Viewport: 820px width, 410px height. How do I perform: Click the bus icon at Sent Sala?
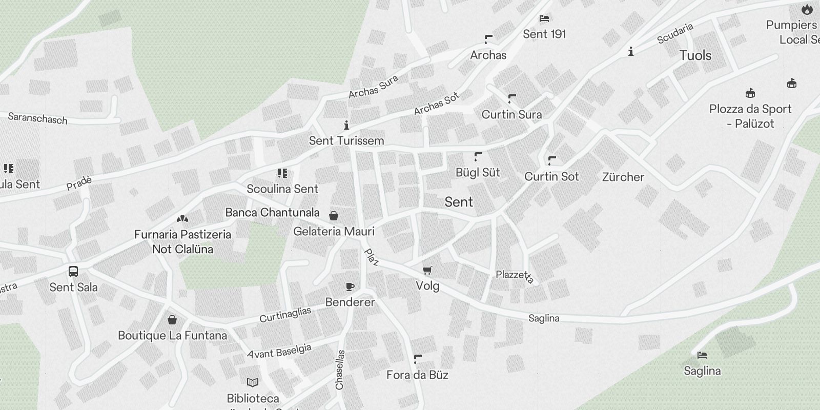pos(73,271)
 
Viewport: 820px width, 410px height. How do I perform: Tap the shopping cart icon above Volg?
pos(427,270)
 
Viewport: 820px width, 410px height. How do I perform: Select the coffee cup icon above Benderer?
pos(350,286)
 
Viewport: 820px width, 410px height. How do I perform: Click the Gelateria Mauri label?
pos(334,232)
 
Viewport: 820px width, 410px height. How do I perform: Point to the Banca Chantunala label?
pos(272,212)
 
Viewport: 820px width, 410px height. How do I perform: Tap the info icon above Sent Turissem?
pos(346,125)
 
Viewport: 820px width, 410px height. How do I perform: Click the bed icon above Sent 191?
pos(544,19)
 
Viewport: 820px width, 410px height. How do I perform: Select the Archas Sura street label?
pos(373,87)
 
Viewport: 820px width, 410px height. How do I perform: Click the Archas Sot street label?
pos(437,104)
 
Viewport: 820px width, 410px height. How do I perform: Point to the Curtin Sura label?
pos(511,114)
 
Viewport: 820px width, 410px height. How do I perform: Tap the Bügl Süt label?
pos(478,173)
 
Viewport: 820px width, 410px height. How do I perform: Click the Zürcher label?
pos(623,177)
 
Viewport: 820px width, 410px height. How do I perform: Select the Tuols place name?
pos(695,55)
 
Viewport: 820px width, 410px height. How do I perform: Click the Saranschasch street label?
pos(37,119)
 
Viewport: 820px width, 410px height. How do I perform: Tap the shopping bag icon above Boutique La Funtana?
pos(172,320)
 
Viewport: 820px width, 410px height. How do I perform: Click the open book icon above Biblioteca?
pos(253,382)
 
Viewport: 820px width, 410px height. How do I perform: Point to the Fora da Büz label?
pos(417,375)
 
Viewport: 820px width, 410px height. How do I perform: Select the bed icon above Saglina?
pos(702,355)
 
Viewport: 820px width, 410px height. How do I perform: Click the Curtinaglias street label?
pos(285,315)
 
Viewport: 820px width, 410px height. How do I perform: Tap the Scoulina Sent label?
pos(282,189)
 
